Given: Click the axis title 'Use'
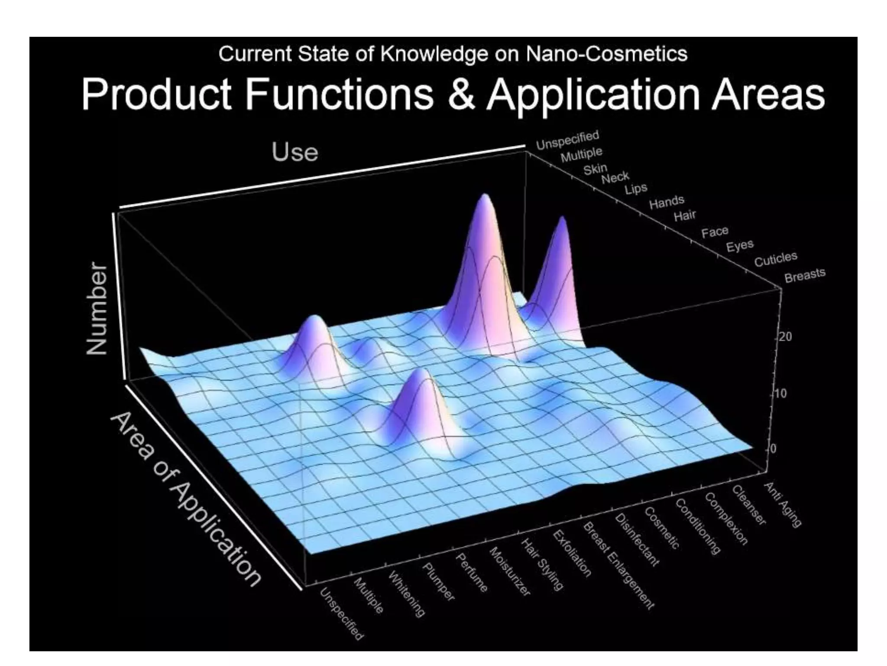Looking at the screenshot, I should tap(295, 152).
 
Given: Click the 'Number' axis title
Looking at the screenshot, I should tap(97, 309).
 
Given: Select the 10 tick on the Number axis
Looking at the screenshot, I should tap(780, 394).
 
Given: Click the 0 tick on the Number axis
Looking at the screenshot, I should tap(774, 449).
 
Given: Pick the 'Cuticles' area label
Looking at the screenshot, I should tap(776, 259).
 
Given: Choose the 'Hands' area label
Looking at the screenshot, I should tap(667, 202).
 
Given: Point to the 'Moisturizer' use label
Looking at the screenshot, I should tap(510, 571).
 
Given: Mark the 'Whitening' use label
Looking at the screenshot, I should tap(406, 594).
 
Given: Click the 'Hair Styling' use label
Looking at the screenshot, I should tap(541, 564).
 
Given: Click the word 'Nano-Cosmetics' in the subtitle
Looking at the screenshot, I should tap(606, 54).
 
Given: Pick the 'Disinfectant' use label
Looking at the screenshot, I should tap(637, 539).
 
